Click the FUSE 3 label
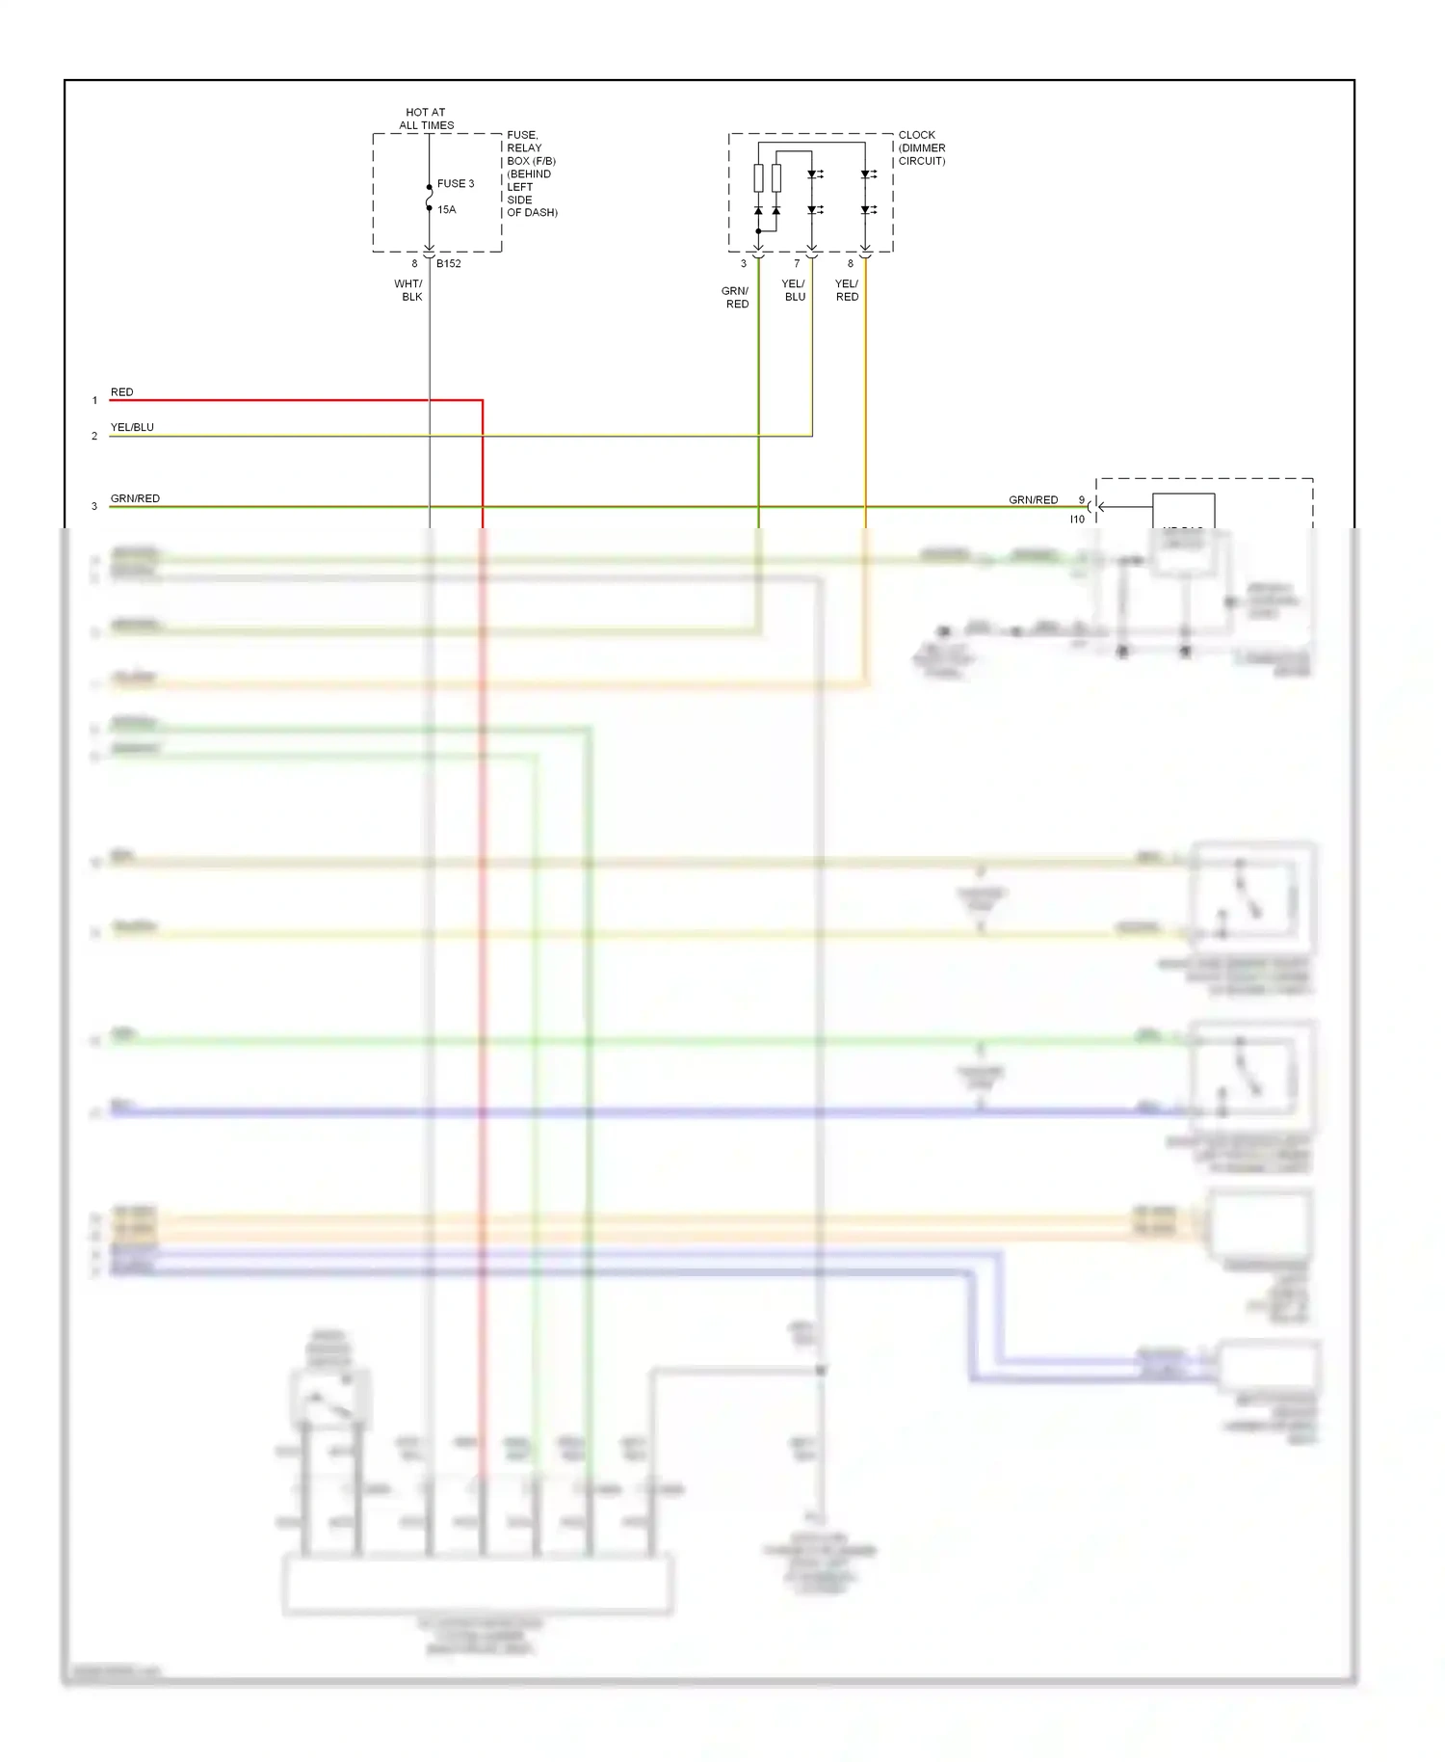pos(455,183)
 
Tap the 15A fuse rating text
pos(447,209)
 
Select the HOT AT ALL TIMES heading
pos(426,119)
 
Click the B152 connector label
pos(449,263)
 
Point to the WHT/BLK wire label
pos(408,290)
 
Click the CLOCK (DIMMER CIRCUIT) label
pos(921,147)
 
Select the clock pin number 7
pos(797,263)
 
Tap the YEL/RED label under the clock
pos(847,290)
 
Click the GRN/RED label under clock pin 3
pos(735,297)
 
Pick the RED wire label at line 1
pos(122,392)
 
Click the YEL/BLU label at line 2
pos(132,427)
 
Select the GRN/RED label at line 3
pos(135,498)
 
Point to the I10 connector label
pos(1077,519)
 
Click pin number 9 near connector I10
pos(1081,500)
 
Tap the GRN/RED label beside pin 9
pos(1033,499)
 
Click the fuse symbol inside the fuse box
pos(430,198)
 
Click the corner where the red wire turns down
pos(482,400)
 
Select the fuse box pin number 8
pos(415,263)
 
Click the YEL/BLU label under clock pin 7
pos(794,290)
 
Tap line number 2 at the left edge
pos(94,436)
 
